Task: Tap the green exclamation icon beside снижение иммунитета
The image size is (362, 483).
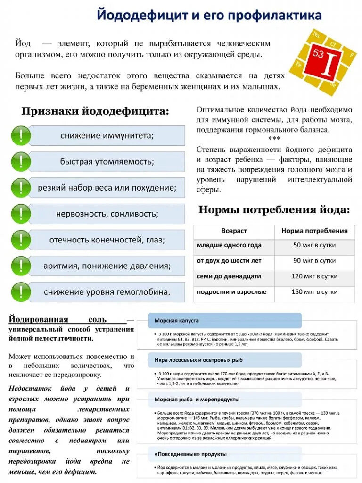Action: coord(21,135)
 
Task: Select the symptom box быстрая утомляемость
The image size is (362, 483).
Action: coord(107,161)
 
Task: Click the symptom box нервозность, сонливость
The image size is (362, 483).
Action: coord(107,214)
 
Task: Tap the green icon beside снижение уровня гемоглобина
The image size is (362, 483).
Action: coord(21,292)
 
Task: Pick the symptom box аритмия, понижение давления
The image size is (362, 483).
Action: coord(107,266)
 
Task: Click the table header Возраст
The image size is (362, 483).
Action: coord(234,231)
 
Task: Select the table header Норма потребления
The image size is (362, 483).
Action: coord(314,231)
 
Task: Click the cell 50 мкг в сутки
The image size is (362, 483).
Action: coord(314,246)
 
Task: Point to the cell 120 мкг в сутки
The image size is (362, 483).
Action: coord(314,276)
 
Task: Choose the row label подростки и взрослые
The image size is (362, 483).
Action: coord(231,292)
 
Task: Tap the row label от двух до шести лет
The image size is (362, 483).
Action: coord(229,261)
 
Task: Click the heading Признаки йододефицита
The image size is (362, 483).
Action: coord(95,112)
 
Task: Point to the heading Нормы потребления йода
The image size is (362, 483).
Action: coord(274,210)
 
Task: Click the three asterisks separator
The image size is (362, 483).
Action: coord(274,139)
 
